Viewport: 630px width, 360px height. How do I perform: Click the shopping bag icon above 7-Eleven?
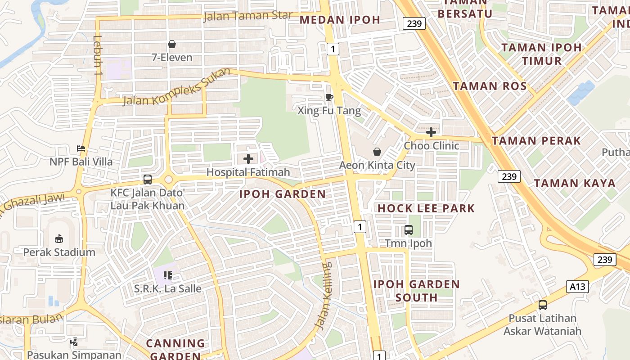pos(171,44)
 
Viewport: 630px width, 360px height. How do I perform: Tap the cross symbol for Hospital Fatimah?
pos(248,158)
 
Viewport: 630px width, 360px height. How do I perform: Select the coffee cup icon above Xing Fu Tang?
pos(329,97)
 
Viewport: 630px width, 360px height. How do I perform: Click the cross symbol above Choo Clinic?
pos(431,132)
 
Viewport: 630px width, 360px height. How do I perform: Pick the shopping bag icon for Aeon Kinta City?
pos(377,152)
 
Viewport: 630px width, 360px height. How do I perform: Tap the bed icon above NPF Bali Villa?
pos(81,148)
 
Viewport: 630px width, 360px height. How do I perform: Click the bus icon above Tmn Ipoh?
pos(409,230)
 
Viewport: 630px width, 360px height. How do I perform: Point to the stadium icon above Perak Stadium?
pos(59,238)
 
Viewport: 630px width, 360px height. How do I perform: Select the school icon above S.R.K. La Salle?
pos(168,275)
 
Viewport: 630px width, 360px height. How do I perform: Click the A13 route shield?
pos(577,286)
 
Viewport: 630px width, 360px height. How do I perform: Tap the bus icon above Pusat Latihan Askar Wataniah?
pos(543,305)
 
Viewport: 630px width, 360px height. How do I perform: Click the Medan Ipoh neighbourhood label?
pos(340,20)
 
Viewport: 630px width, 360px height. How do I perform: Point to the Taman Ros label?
pos(490,86)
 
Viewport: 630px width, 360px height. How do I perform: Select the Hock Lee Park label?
pos(426,208)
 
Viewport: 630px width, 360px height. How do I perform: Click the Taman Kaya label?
pos(575,183)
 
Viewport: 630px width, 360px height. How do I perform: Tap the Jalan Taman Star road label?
pos(248,16)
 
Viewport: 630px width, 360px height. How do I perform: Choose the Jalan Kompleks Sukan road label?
pos(177,87)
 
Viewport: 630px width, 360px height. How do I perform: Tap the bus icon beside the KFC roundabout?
pos(147,180)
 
